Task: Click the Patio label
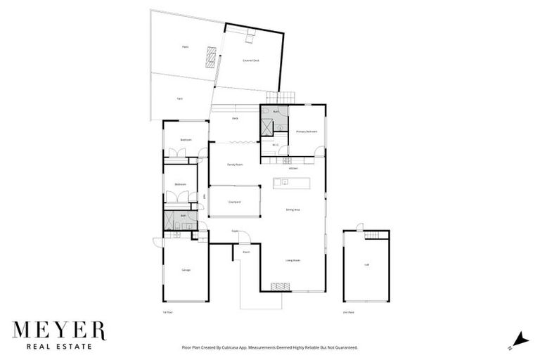point(186,47)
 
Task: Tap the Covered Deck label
point(251,61)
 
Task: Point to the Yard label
point(180,99)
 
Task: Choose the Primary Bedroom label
point(307,131)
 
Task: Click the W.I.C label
point(276,146)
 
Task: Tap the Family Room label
point(235,165)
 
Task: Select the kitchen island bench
point(291,183)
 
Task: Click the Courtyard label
point(235,202)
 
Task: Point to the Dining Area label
point(293,210)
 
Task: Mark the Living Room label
point(293,260)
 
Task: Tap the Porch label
point(247,252)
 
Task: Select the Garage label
point(186,270)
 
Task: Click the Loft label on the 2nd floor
point(366,265)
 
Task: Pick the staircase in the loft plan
point(378,234)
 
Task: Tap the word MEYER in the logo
point(58,330)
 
